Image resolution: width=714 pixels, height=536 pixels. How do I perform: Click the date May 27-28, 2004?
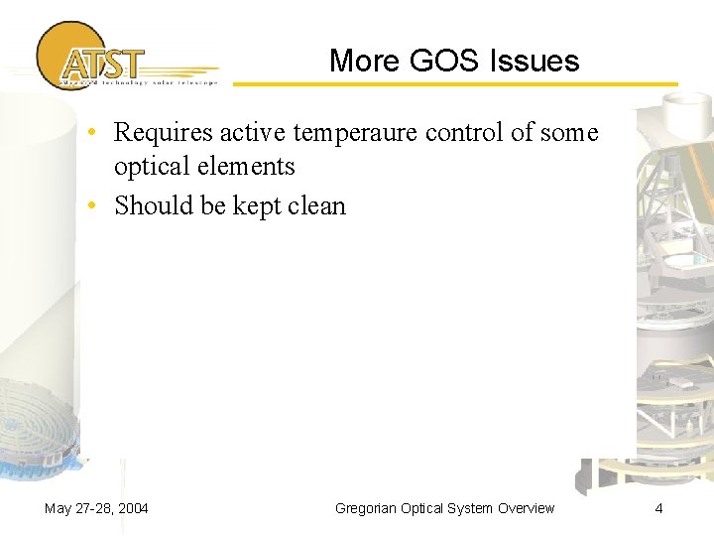click(x=96, y=508)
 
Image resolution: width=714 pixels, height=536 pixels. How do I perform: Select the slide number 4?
click(x=658, y=508)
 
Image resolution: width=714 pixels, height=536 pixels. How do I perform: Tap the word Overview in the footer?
click(x=525, y=508)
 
